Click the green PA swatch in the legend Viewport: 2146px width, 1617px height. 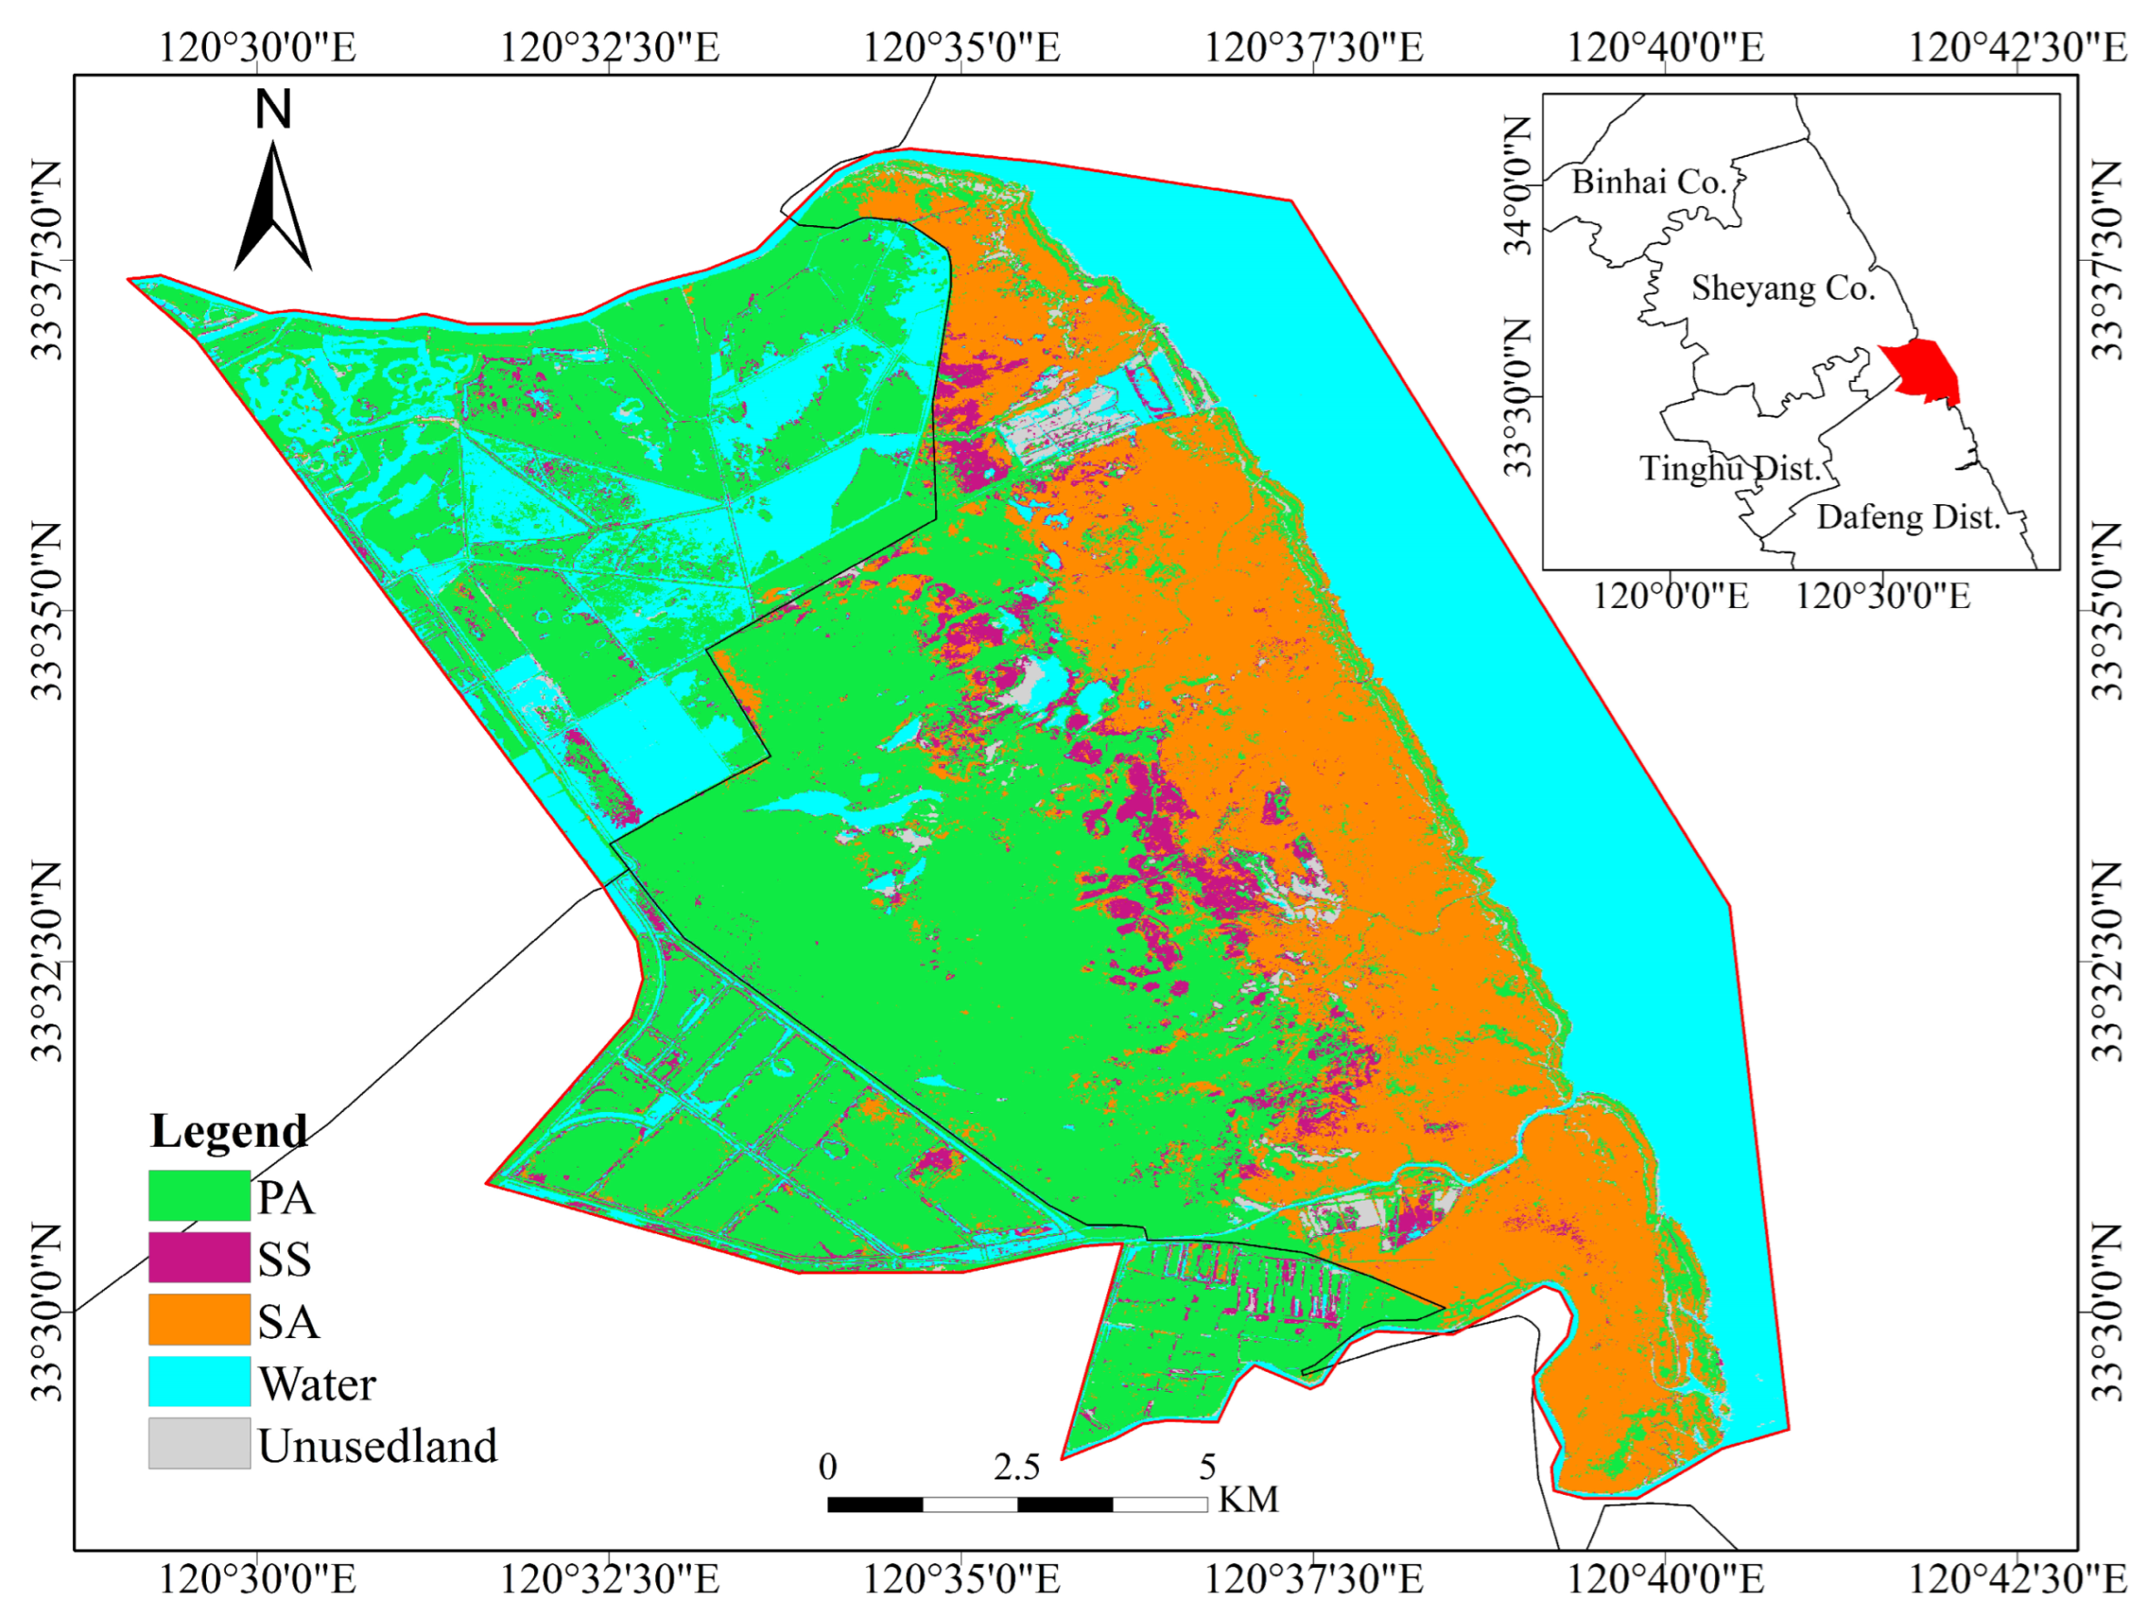[x=199, y=1195]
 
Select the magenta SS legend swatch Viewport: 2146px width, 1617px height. [x=199, y=1257]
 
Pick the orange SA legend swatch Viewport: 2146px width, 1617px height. [x=199, y=1319]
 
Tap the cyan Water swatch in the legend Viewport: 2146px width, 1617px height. [x=199, y=1381]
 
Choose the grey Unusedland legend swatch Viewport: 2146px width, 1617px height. [x=199, y=1443]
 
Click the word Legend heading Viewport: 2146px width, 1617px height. [x=229, y=1131]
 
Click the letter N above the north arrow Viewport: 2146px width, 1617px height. [x=272, y=108]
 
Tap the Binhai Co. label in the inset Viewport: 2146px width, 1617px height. [x=1649, y=181]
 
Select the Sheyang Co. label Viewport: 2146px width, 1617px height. [x=1783, y=288]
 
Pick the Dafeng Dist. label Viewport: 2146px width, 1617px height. [x=1908, y=518]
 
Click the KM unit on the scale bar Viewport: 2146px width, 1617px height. [x=1248, y=1499]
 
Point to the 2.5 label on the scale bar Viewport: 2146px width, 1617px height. [x=1016, y=1467]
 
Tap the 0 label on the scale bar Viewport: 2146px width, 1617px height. [x=827, y=1467]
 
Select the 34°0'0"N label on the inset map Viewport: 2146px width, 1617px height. [x=1518, y=185]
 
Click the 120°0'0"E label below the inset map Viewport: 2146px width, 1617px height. [x=1670, y=595]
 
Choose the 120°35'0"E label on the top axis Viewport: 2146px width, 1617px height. [x=961, y=46]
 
